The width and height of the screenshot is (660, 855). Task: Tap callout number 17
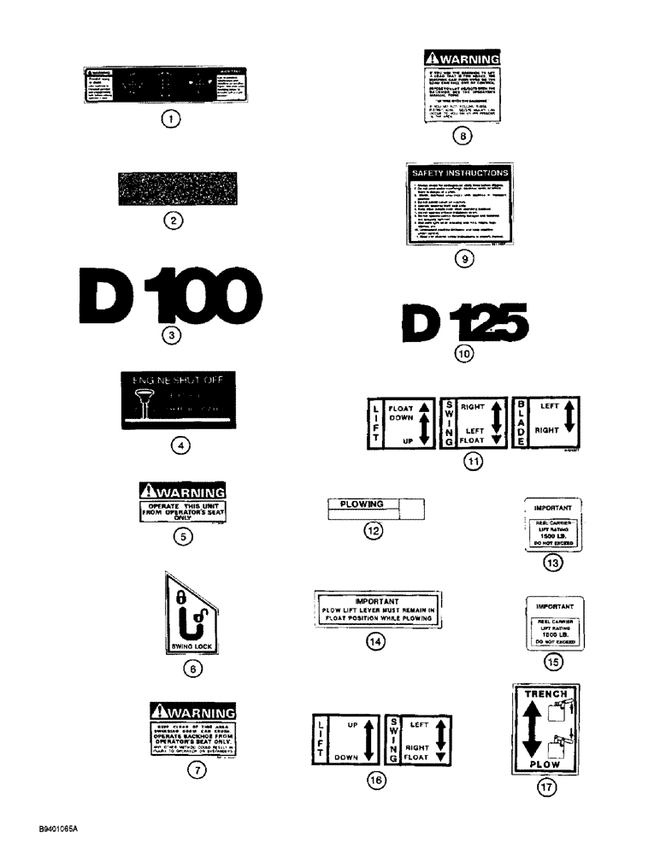tap(545, 789)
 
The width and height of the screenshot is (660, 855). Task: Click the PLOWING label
tap(362, 504)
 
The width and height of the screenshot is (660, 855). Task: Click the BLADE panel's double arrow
tap(572, 421)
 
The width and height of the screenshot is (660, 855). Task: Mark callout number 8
tap(461, 135)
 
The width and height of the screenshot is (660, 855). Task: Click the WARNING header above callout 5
tap(181, 493)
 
